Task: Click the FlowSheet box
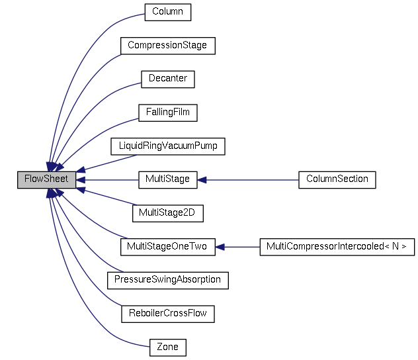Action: click(46, 179)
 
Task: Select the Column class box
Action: click(167, 12)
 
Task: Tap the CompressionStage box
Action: click(167, 46)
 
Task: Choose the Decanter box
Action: click(167, 79)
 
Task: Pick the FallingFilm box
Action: click(167, 112)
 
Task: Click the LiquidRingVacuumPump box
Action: click(167, 146)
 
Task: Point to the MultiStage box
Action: click(167, 179)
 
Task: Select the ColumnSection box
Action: click(337, 179)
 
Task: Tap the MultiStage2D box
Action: click(167, 213)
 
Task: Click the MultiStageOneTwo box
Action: click(167, 247)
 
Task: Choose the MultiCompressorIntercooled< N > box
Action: click(337, 247)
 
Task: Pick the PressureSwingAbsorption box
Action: click(167, 280)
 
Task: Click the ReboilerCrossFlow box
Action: click(167, 314)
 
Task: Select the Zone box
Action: click(167, 347)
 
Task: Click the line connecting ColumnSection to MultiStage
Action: click(251, 179)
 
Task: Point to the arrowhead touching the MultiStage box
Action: click(203, 179)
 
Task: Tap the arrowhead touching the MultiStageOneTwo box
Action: click(220, 247)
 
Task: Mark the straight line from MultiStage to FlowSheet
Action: click(109, 179)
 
